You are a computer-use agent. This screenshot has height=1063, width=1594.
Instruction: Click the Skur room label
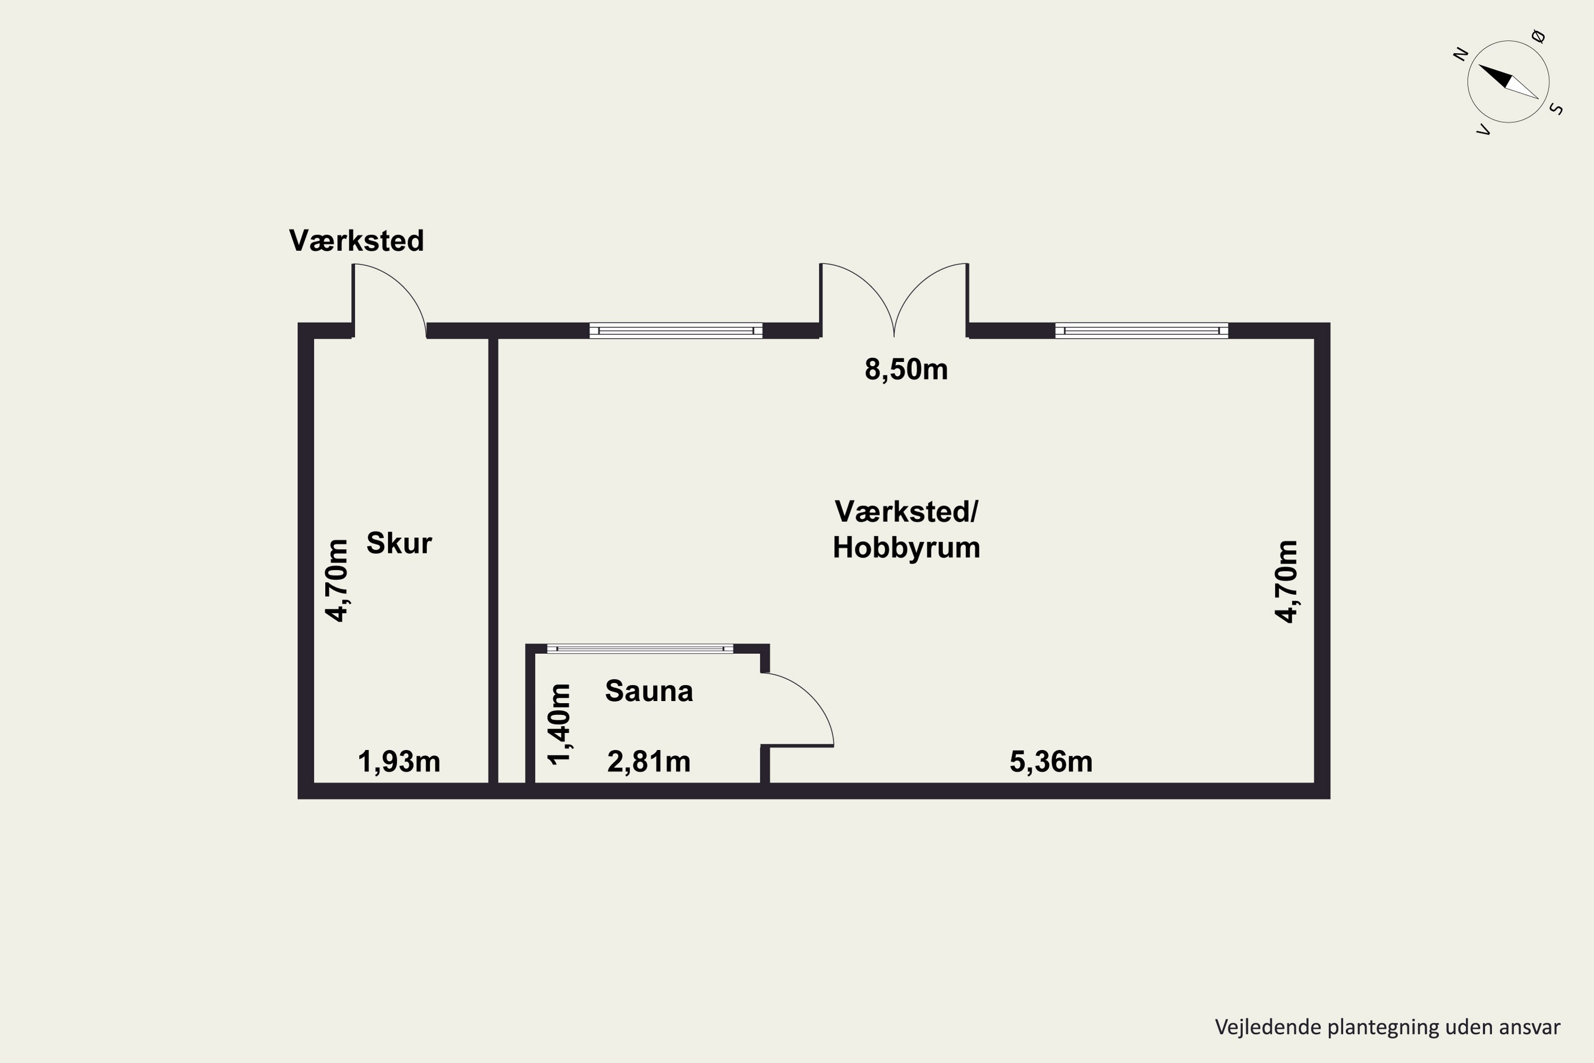click(398, 543)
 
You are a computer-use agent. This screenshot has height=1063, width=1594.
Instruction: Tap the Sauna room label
click(649, 691)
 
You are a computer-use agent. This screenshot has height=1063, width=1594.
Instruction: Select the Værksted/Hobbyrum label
click(906, 529)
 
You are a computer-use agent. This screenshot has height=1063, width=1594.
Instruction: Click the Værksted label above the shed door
click(357, 241)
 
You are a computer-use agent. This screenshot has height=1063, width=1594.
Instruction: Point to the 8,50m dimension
click(906, 369)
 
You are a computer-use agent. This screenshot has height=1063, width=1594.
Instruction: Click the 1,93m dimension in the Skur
click(398, 761)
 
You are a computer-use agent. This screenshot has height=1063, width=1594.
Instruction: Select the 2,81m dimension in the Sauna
click(649, 761)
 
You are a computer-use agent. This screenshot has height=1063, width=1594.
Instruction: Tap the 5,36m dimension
click(1050, 761)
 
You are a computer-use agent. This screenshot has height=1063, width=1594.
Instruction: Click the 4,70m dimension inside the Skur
click(337, 580)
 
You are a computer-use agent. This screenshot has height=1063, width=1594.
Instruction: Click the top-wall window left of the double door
click(676, 330)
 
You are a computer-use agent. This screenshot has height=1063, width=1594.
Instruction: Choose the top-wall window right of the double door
click(1141, 330)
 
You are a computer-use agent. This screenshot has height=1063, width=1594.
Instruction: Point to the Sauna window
click(640, 649)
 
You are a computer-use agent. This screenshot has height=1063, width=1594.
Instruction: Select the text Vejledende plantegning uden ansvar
click(1387, 1027)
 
